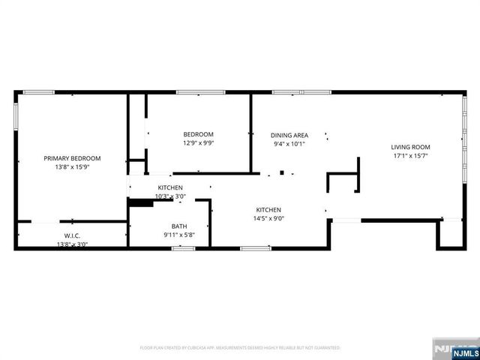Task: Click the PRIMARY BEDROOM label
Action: pos(72,158)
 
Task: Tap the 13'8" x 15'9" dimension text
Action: pos(72,167)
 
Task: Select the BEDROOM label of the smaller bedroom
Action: pos(198,134)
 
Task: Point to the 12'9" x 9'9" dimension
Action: pos(198,143)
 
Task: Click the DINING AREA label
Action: pos(289,135)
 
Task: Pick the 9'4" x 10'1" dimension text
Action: pos(289,144)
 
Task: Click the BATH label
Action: pos(178,226)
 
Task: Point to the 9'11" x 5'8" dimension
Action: pos(178,235)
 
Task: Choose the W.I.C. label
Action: pos(71,236)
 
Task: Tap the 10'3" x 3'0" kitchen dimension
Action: pos(169,196)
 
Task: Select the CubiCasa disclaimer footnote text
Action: pos(240,348)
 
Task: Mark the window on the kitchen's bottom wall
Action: pos(256,247)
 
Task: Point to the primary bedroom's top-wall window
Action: pos(38,92)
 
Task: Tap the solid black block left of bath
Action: pos(140,201)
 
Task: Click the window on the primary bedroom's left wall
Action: pos(16,116)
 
